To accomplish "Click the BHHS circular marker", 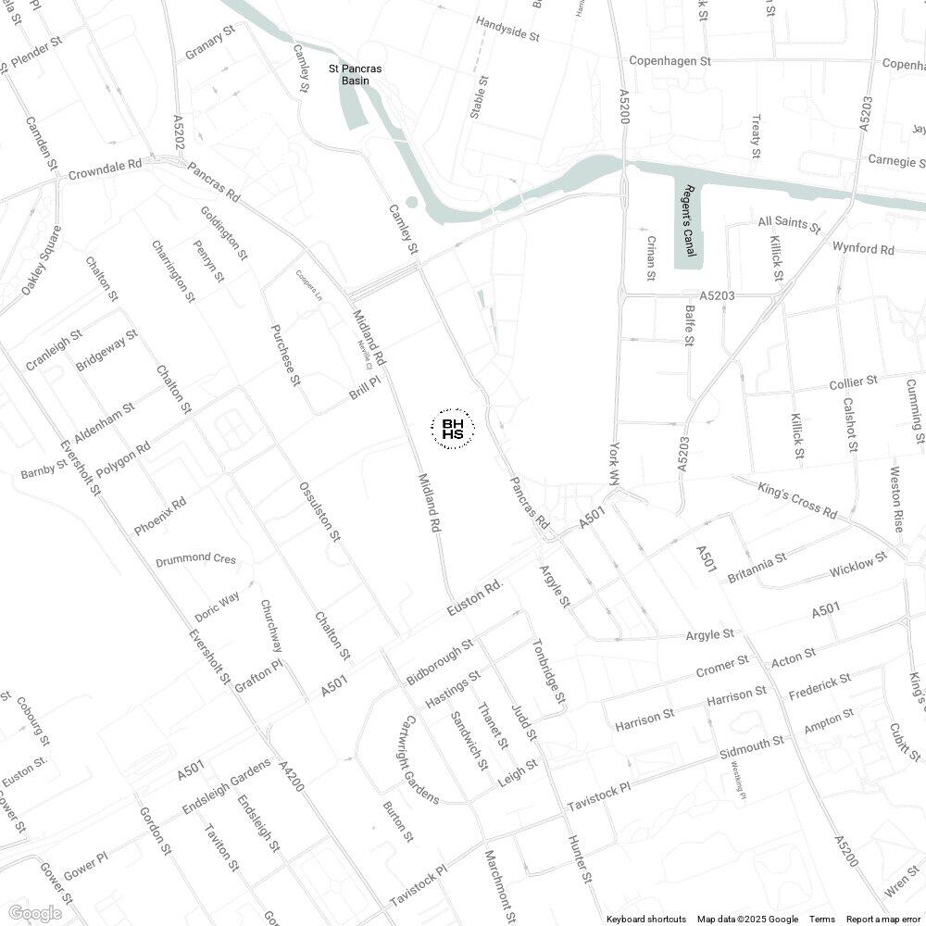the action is [x=454, y=429].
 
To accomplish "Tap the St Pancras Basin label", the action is [x=356, y=74].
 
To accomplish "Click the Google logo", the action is [x=34, y=913].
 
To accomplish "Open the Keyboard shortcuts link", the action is [x=646, y=919].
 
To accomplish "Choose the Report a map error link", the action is [x=883, y=919].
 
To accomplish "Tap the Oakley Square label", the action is [x=42, y=261].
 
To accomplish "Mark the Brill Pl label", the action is [x=365, y=388].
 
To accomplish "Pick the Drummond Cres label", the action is [x=195, y=560].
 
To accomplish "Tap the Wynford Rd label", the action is [x=863, y=249].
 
